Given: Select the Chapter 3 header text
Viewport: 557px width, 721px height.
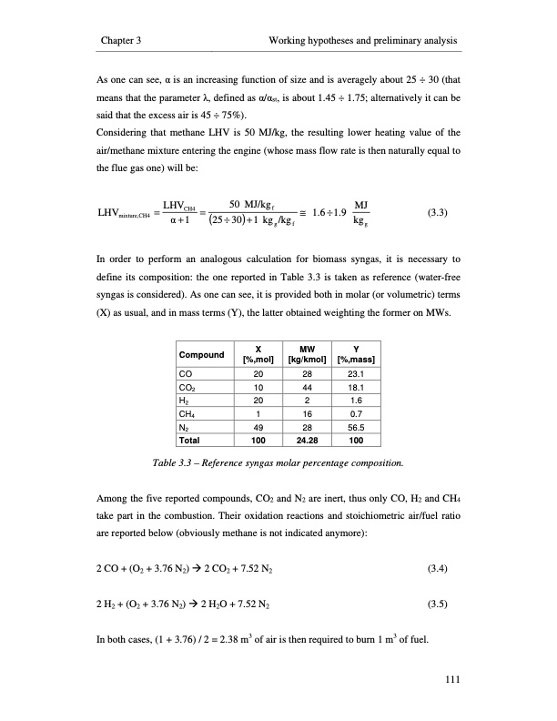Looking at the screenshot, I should pyautogui.click(x=127, y=42).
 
